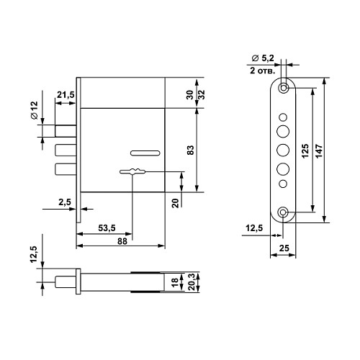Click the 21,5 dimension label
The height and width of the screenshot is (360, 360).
click(66, 95)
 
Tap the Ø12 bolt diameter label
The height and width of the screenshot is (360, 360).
click(35, 110)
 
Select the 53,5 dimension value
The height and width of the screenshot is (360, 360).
click(107, 228)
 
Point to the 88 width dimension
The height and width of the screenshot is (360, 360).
click(122, 241)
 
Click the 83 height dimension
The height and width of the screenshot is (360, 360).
click(190, 150)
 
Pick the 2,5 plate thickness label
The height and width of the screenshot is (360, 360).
click(65, 202)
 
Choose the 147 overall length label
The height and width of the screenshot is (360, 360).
click(319, 151)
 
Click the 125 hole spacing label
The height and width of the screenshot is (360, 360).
click(305, 151)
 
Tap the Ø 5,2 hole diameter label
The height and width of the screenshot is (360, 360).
click(263, 58)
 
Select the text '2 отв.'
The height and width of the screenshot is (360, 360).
click(262, 71)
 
